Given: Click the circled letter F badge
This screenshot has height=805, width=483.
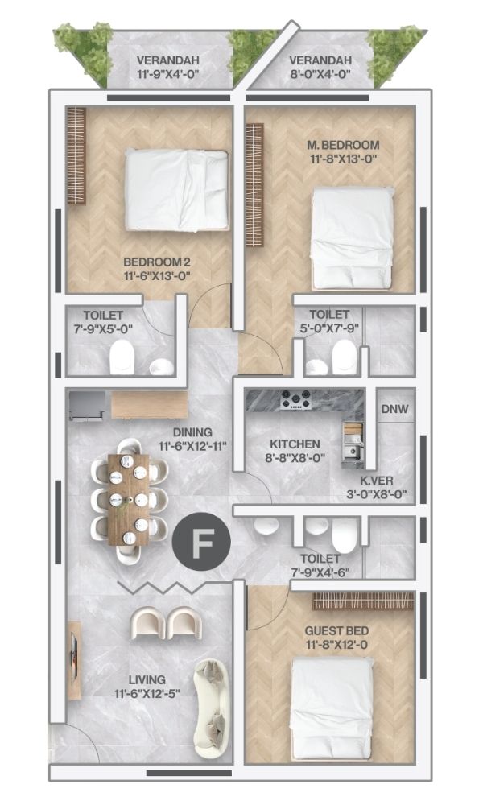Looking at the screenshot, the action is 201,542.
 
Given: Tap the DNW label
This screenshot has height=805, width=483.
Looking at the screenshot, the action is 394,409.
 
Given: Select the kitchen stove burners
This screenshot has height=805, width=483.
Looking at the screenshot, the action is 295,399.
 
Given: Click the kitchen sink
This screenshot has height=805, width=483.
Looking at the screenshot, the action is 353,450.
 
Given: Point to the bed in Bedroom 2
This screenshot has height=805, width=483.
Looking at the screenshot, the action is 176,190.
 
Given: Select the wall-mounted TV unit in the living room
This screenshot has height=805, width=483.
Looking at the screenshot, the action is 74,660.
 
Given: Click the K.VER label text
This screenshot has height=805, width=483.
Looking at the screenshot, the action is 376,481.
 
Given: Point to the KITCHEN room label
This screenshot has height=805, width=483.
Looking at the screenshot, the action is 295,444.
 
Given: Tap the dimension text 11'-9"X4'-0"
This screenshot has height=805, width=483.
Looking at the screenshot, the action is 168,74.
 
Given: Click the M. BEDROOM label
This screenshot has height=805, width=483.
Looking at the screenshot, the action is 343,145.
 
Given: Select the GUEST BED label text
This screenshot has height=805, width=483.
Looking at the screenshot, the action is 336,631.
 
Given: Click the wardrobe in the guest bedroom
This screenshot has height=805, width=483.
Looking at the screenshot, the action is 363,601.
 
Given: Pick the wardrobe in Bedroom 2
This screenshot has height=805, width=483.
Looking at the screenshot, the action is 76,155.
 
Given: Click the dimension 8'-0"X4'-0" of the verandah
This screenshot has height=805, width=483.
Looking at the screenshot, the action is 320,74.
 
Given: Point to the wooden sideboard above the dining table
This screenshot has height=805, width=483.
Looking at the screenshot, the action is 150,405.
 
